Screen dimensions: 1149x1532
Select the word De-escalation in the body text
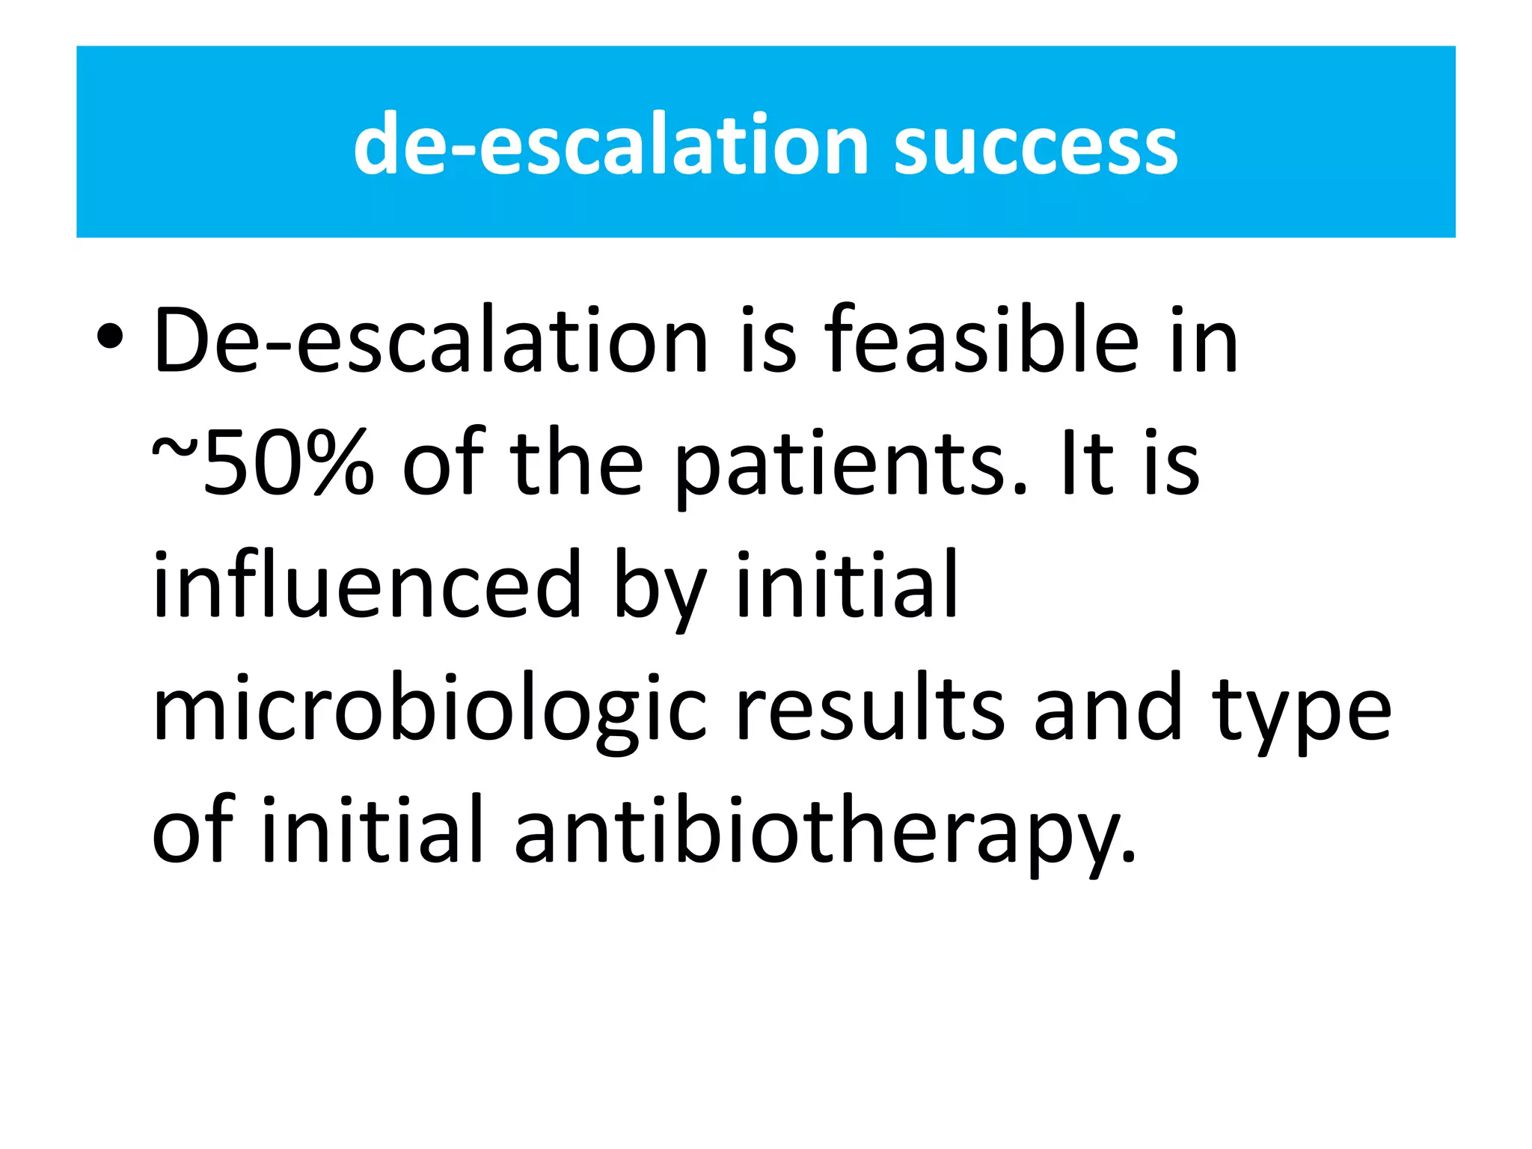pos(430,341)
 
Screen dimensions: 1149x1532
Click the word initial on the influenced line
pos(847,583)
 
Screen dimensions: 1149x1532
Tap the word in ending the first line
pos(1205,341)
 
